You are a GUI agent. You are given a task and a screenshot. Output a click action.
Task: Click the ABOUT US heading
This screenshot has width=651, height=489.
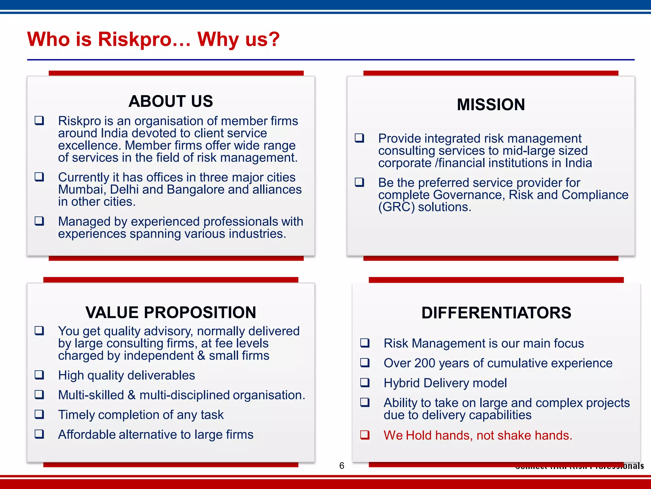click(x=171, y=101)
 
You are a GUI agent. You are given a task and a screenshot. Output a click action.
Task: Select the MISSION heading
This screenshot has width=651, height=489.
click(x=491, y=104)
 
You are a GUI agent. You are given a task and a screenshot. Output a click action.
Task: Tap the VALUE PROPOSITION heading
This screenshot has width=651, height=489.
click(x=171, y=312)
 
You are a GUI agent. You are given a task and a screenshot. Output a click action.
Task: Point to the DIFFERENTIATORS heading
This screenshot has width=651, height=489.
click(x=496, y=313)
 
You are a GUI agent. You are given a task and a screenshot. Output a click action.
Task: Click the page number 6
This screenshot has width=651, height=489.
click(x=342, y=465)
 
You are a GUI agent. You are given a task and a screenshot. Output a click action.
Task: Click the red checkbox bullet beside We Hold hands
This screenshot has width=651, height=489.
click(x=365, y=435)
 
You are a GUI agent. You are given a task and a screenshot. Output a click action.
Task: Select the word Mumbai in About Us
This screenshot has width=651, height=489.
click(x=81, y=189)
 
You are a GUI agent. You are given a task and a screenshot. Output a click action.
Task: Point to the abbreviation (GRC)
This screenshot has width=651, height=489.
click(x=396, y=207)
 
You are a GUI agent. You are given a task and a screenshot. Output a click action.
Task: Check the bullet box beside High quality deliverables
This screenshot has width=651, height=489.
click(x=39, y=375)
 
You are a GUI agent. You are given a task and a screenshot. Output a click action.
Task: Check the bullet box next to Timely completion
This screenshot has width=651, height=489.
click(x=39, y=414)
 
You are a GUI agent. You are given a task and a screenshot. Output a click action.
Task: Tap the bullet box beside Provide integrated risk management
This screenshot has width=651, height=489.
click(x=360, y=138)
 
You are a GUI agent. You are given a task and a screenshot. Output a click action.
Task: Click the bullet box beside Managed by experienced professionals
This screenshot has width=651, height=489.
click(x=39, y=221)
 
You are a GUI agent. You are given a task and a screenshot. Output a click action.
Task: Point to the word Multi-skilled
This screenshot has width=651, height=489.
click(x=91, y=395)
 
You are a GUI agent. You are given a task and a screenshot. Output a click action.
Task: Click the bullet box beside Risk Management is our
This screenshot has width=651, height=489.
click(x=365, y=343)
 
